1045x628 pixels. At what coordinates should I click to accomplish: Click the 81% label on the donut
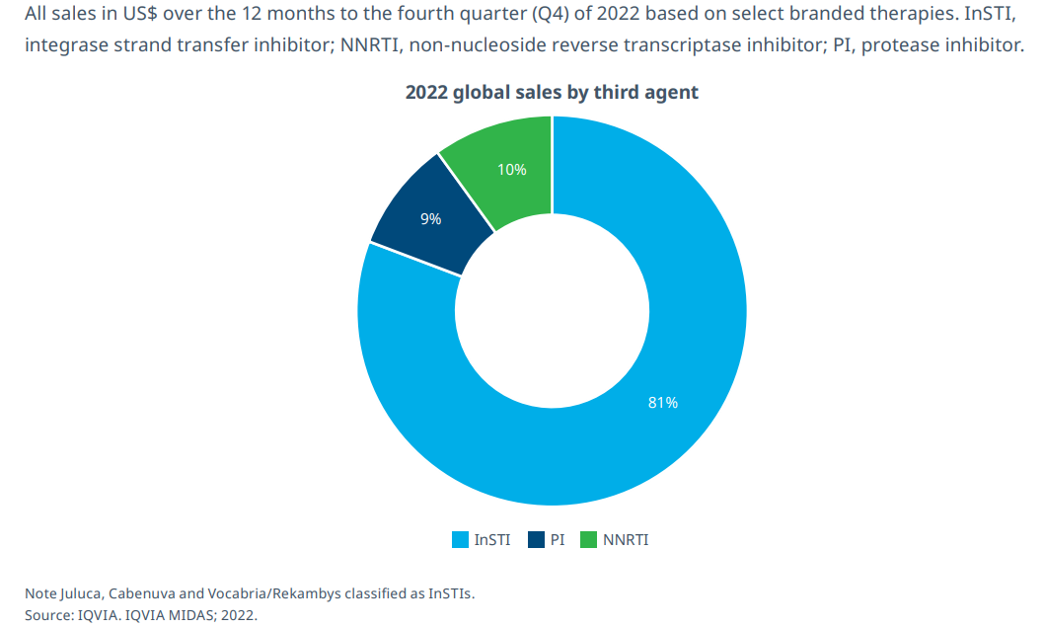pyautogui.click(x=662, y=403)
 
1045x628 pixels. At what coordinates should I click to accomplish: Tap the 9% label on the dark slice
pyautogui.click(x=430, y=219)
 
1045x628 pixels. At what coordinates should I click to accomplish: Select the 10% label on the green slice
pyautogui.click(x=511, y=170)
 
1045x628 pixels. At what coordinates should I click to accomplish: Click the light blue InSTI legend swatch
pyautogui.click(x=460, y=540)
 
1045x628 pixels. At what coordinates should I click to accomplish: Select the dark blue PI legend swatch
pyautogui.click(x=537, y=540)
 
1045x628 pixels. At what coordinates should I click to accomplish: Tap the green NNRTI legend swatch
pyautogui.click(x=588, y=540)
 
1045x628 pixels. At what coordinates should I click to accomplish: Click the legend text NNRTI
pyautogui.click(x=626, y=540)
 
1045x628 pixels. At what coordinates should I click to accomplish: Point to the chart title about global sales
pyautogui.click(x=552, y=92)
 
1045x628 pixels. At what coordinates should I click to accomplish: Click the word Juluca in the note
pyautogui.click(x=81, y=593)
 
